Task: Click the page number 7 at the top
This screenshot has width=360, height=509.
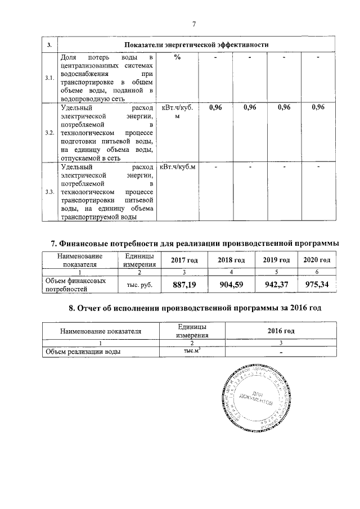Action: pos(194,24)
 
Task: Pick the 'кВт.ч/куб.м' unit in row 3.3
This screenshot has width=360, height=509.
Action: pos(178,167)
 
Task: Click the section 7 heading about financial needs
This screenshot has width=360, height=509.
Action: pos(195,244)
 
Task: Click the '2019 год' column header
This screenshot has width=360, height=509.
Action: pos(276,260)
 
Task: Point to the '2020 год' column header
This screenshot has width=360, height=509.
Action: pos(318,260)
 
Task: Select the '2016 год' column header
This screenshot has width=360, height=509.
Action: pos(281,331)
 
